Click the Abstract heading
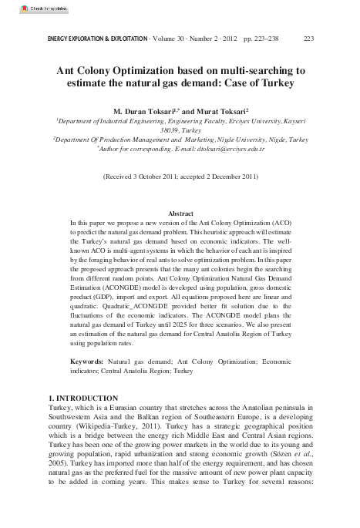coord(180,213)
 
